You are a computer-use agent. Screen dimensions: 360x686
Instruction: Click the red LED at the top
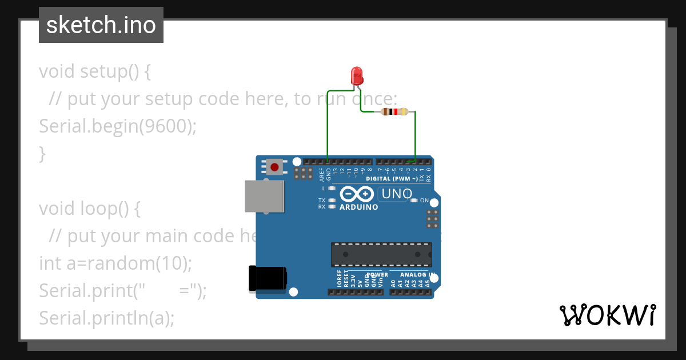pyautogui.click(x=356, y=75)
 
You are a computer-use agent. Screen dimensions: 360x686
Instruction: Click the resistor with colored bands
pyautogui.click(x=394, y=111)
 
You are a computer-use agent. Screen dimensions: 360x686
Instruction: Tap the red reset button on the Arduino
pyautogui.click(x=274, y=167)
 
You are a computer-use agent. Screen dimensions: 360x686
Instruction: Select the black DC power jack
pyautogui.click(x=268, y=279)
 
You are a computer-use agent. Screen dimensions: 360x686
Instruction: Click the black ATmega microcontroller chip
pyautogui.click(x=381, y=254)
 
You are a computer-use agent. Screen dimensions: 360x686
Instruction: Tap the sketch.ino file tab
pyautogui.click(x=101, y=25)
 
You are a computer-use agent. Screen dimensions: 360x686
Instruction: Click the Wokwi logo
pyautogui.click(x=607, y=315)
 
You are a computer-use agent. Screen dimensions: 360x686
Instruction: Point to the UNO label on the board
pyautogui.click(x=396, y=194)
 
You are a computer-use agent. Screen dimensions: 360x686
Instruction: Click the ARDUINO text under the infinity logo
pyautogui.click(x=358, y=207)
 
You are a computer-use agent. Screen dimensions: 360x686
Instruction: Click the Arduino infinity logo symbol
pyautogui.click(x=358, y=194)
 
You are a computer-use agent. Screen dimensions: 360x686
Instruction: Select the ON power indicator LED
pyautogui.click(x=414, y=201)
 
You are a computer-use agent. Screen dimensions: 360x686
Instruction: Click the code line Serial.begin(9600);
pyautogui.click(x=117, y=126)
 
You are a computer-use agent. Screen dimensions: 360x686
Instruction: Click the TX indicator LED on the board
pyautogui.click(x=332, y=201)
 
